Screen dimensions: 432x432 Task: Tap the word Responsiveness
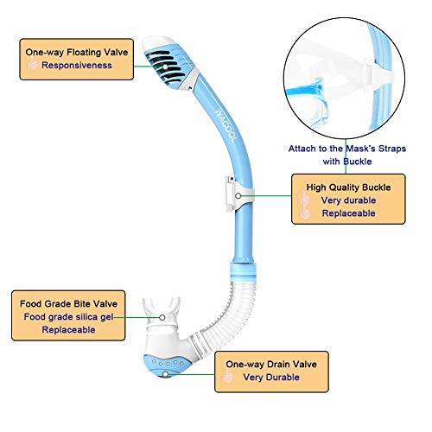[x=77, y=65]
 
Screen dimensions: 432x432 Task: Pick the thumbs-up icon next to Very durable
[x=303, y=200]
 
